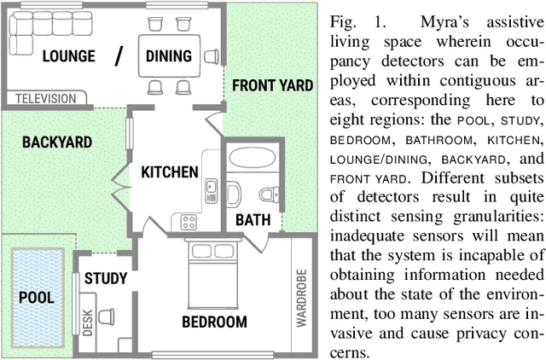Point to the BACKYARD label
(56, 142)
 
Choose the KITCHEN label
(169, 171)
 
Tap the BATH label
(253, 219)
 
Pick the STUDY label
(106, 278)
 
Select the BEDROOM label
(214, 322)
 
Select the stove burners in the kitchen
(188, 223)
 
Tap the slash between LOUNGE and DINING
(121, 56)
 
